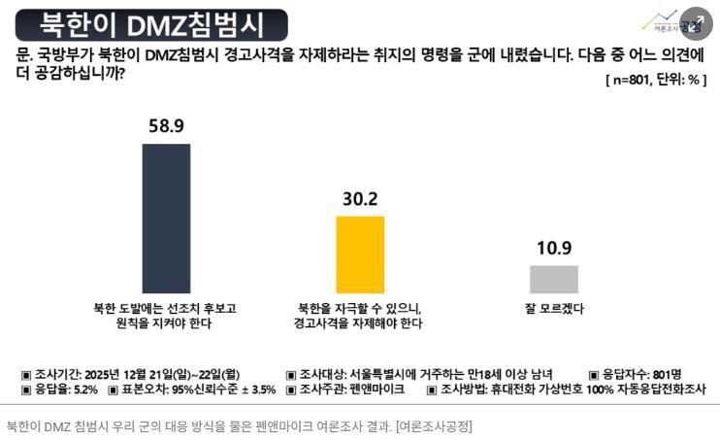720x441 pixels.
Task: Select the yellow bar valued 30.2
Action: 360,254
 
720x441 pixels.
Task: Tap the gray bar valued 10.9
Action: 553,279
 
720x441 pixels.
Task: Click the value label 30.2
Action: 360,199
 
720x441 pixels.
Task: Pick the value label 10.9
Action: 553,248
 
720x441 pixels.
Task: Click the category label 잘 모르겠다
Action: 553,308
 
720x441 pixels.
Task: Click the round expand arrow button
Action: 697,22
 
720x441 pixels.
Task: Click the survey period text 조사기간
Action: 130,374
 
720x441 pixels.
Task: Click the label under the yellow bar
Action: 360,316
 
